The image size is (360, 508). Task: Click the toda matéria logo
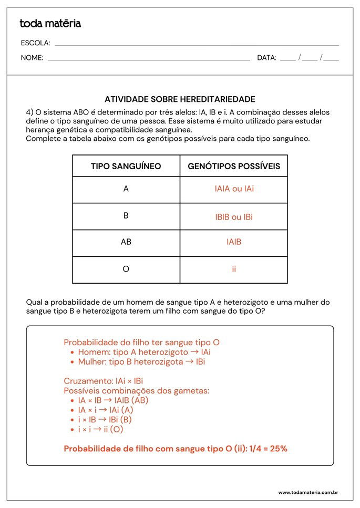click(50, 24)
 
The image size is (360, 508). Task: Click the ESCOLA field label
click(36, 43)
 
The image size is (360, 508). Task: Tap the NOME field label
click(32, 58)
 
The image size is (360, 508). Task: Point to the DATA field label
click(266, 58)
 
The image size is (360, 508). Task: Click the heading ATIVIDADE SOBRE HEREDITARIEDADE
click(180, 99)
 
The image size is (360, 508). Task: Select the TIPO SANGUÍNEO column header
click(126, 167)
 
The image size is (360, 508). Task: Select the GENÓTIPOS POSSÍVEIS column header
click(234, 167)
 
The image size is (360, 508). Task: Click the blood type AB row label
click(126, 242)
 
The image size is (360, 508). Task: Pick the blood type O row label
click(126, 269)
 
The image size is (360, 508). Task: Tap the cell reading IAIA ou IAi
click(234, 189)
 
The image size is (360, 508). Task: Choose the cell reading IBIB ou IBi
click(234, 216)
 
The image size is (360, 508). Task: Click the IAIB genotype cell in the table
click(234, 242)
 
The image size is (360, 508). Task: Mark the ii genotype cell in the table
click(234, 269)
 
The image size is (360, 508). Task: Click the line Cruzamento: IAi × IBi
click(104, 381)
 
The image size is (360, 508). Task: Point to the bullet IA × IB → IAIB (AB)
click(113, 400)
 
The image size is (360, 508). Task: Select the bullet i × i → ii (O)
click(100, 429)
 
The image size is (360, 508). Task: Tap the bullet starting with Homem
click(144, 353)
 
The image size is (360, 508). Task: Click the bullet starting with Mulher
click(141, 362)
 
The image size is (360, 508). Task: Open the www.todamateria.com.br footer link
click(307, 492)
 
